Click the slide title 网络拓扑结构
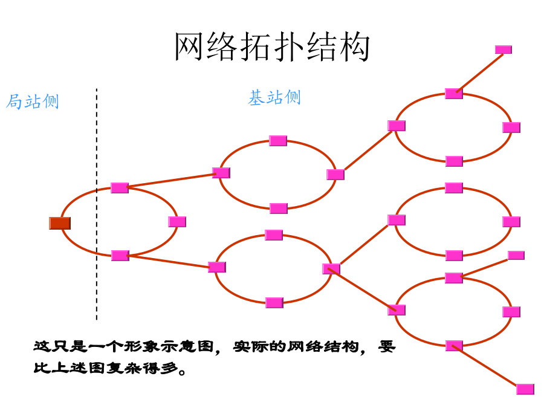pyautogui.click(x=272, y=48)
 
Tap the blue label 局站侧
pyautogui.click(x=33, y=102)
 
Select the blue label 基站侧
pyautogui.click(x=274, y=98)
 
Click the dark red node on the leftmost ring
pyautogui.click(x=60, y=223)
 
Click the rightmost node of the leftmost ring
pyautogui.click(x=177, y=222)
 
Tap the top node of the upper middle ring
pyautogui.click(x=278, y=141)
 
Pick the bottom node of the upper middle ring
pyautogui.click(x=278, y=209)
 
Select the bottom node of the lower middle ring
pyautogui.click(x=274, y=303)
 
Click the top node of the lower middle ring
pyautogui.click(x=274, y=235)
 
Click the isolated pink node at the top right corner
pyautogui.click(x=504, y=50)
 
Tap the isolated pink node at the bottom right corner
pyautogui.click(x=525, y=389)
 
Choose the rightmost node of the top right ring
pyautogui.click(x=511, y=128)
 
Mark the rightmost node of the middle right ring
pyautogui.click(x=511, y=222)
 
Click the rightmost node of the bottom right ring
pyautogui.click(x=511, y=312)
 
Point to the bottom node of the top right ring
pyautogui.click(x=454, y=161)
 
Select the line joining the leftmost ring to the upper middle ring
pyautogui.click(x=172, y=181)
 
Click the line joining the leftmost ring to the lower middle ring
pyautogui.click(x=169, y=261)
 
